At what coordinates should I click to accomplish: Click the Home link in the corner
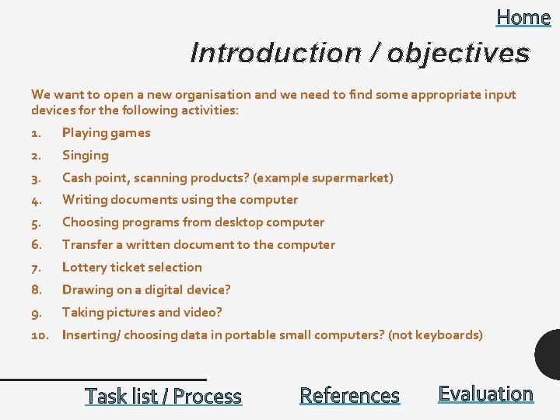click(x=523, y=17)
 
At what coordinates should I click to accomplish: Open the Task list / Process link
click(x=163, y=396)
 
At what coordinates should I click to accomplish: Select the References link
click(x=349, y=396)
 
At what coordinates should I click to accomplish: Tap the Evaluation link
click(x=485, y=394)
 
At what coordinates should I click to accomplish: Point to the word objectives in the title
click(x=458, y=53)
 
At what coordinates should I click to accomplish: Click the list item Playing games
click(x=106, y=132)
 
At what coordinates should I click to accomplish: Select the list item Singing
click(x=86, y=155)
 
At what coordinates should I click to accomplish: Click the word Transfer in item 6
click(x=87, y=244)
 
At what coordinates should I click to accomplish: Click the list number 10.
click(x=40, y=334)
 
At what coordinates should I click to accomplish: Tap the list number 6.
click(x=36, y=244)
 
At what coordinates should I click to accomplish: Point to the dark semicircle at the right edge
click(x=549, y=355)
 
